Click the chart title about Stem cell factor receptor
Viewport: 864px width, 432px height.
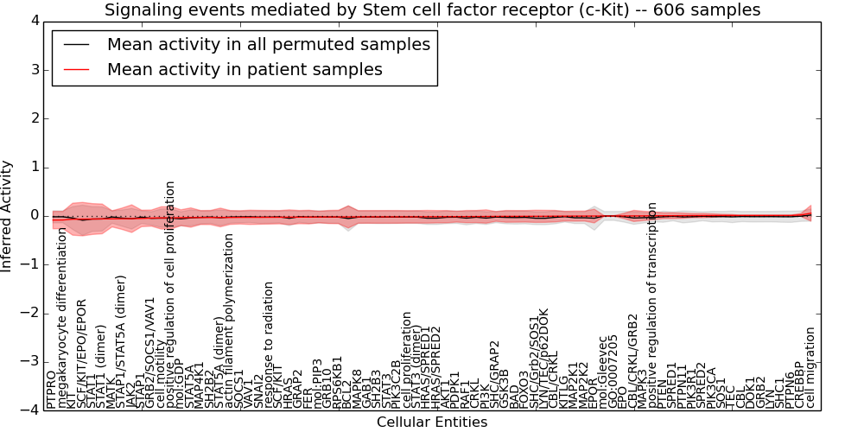coord(432,10)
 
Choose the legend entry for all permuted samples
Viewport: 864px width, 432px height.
coord(268,44)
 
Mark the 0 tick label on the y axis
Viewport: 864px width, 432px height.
coord(34,216)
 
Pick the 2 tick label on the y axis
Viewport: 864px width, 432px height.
coord(34,118)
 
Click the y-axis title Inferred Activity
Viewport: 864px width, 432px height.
coord(8,216)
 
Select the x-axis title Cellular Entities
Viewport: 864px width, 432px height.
coord(432,422)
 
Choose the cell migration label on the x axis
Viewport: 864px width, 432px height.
coord(810,367)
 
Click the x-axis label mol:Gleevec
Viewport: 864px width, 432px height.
coord(603,372)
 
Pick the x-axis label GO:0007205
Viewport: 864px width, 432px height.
coord(613,372)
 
